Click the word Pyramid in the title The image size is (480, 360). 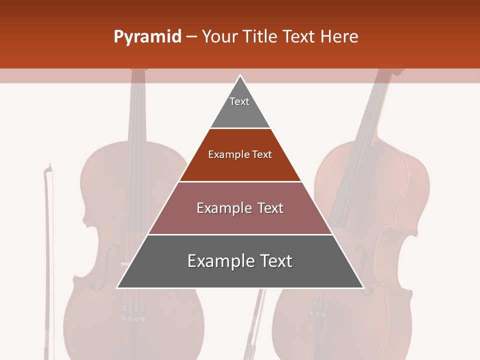[147, 36]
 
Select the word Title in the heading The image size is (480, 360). [263, 36]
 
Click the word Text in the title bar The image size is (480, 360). [301, 36]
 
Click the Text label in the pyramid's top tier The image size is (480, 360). [239, 101]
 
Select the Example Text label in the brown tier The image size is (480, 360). [240, 154]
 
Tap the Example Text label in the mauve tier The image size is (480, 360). [240, 208]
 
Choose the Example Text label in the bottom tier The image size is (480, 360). [240, 261]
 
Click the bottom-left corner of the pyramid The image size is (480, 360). [117, 288]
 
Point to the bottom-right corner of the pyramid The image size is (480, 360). [363, 288]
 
